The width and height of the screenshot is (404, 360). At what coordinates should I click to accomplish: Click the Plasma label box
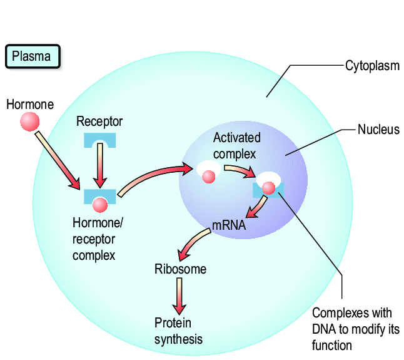[x=33, y=57]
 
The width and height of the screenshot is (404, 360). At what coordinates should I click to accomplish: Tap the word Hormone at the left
[x=30, y=104]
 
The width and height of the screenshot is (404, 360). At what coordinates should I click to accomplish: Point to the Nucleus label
[x=378, y=130]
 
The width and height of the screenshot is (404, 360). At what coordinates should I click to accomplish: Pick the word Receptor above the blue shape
[x=99, y=121]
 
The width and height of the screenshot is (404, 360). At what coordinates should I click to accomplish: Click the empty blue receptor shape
[x=99, y=140]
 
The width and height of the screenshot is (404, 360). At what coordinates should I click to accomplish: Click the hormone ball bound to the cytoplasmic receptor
[x=99, y=204]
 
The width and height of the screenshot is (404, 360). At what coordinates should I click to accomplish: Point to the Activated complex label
[x=236, y=145]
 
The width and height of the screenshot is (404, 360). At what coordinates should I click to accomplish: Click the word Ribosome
[x=180, y=270]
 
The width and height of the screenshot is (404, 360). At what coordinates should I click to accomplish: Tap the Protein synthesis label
[x=178, y=331]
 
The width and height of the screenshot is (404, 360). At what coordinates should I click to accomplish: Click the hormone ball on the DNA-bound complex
[x=268, y=188]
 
